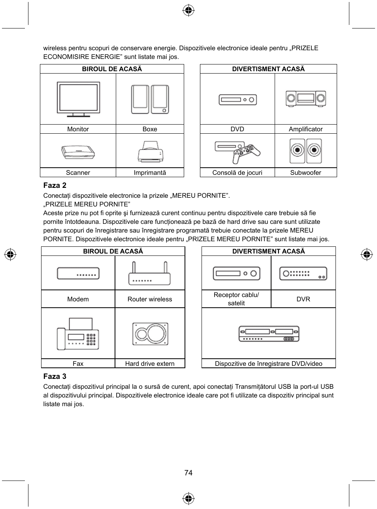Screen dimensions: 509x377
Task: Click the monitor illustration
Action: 78,99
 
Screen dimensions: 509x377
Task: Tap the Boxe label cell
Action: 150,129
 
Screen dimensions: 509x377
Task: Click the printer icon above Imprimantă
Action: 150,151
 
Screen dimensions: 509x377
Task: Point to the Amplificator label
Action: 305,129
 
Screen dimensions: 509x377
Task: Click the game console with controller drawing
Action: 238,151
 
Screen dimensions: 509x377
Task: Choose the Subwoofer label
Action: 305,172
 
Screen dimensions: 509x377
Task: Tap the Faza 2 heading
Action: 55,185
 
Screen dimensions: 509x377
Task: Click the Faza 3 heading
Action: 55,376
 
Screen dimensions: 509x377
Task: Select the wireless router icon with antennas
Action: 149,274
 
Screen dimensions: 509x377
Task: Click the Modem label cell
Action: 78,299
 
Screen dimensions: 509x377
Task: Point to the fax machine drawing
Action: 78,334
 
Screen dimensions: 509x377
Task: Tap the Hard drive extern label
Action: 150,363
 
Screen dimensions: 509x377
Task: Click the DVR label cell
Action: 303,299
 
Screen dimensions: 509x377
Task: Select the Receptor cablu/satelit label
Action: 236,299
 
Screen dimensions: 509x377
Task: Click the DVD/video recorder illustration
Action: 269,334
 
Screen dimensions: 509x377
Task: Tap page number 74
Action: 188,473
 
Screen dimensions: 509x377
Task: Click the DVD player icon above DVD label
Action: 238,100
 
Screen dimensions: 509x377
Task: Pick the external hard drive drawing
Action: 150,334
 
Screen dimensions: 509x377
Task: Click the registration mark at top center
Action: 188,11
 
